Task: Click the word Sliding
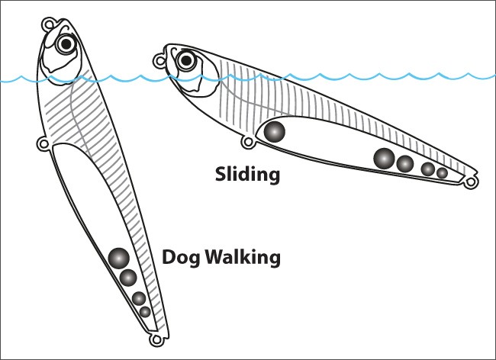247,175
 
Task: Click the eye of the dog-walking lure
66,44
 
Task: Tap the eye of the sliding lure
186,60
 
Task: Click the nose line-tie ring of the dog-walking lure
48,24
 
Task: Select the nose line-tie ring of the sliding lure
159,61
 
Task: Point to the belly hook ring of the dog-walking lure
43,144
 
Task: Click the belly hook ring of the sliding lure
248,142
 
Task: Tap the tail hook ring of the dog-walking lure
156,340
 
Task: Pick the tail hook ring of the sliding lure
472,182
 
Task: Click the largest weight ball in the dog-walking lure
118,259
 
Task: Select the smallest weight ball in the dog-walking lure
145,312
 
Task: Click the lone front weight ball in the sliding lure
274,131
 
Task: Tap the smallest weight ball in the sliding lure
442,173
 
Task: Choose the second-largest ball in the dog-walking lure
128,278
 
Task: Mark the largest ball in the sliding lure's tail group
384,158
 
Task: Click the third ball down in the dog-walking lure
139,298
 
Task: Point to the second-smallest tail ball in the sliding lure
428,169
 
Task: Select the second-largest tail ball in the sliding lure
405,164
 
